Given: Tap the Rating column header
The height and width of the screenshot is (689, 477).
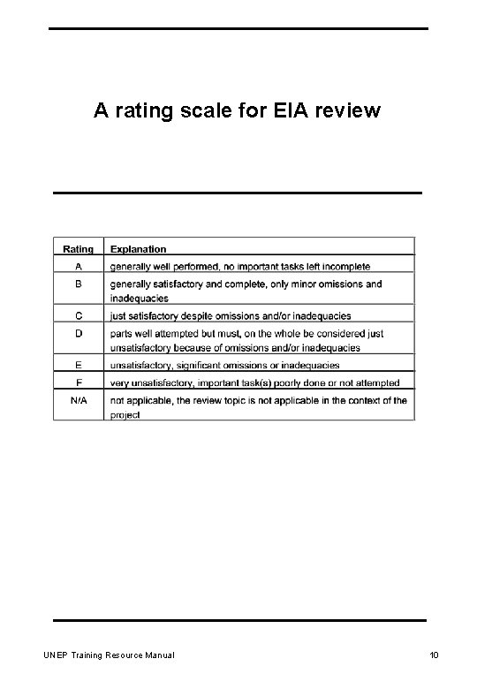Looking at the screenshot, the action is pyautogui.click(x=79, y=249).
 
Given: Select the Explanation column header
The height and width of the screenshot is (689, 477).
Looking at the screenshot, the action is pyautogui.click(x=138, y=249).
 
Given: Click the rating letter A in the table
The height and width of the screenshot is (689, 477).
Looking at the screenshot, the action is pyautogui.click(x=79, y=265).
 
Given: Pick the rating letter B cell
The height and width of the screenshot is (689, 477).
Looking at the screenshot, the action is pyautogui.click(x=79, y=284).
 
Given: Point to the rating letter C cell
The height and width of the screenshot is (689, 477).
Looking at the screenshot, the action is pyautogui.click(x=79, y=314).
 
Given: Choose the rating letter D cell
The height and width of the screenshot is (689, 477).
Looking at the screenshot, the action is pyautogui.click(x=79, y=335).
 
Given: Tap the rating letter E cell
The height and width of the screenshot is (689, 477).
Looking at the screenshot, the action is pyautogui.click(x=79, y=364).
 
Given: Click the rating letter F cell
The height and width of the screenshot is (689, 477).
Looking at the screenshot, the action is pyautogui.click(x=79, y=382).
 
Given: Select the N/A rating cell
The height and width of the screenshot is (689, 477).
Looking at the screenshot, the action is pyautogui.click(x=79, y=400).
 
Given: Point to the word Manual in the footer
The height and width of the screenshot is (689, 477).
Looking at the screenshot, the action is pyautogui.click(x=156, y=655).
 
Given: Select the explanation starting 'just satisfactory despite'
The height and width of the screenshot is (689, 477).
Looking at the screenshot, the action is pyautogui.click(x=230, y=315).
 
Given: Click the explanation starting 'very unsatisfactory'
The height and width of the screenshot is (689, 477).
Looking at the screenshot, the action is pyautogui.click(x=254, y=382).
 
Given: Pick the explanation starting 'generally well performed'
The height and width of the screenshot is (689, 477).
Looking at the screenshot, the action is pyautogui.click(x=240, y=266).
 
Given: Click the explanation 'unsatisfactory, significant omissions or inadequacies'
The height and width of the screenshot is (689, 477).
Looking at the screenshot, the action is pyautogui.click(x=223, y=364).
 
